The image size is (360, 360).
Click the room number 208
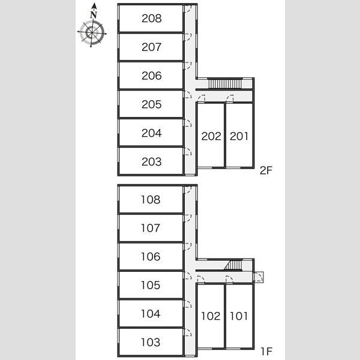(152, 19)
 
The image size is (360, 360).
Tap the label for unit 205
(152, 104)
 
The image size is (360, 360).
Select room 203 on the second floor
(152, 161)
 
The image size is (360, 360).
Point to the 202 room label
(211, 136)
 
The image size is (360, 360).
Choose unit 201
(239, 136)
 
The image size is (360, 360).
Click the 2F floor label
(266, 170)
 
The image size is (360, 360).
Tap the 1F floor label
(266, 351)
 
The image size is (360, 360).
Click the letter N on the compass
(94, 15)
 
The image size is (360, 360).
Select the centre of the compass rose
(92, 32)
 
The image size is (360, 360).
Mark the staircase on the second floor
(225, 83)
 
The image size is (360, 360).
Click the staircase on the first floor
(233, 265)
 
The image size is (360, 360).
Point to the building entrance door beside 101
(259, 277)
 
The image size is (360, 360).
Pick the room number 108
(151, 200)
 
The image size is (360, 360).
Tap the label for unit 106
(151, 256)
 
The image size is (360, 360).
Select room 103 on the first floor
(151, 342)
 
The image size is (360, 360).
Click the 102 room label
(211, 316)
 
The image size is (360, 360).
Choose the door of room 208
(187, 9)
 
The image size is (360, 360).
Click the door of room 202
(201, 98)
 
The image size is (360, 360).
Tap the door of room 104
(188, 304)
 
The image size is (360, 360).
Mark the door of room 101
(229, 280)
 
